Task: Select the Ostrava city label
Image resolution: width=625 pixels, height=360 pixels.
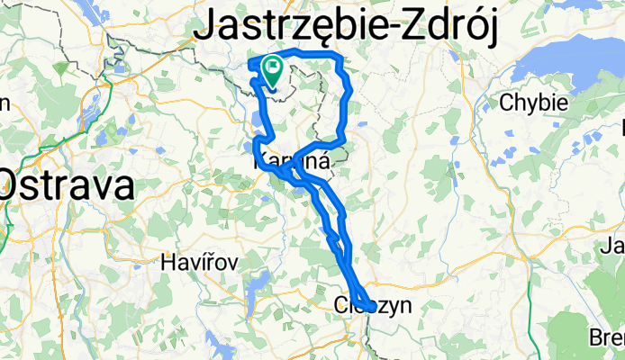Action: tap(68, 186)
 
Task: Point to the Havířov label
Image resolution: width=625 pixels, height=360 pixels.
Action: tap(199, 264)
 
